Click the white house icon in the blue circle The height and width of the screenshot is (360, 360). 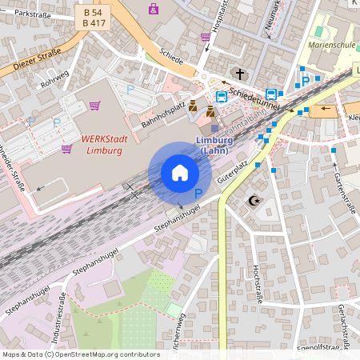click(x=179, y=172)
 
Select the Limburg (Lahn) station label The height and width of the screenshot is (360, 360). click(x=214, y=145)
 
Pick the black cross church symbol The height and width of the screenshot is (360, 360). click(x=238, y=74)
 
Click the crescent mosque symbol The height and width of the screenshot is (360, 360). click(x=255, y=201)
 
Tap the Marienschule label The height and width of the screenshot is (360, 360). click(x=330, y=46)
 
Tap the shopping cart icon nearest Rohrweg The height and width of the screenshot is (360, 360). click(x=94, y=105)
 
